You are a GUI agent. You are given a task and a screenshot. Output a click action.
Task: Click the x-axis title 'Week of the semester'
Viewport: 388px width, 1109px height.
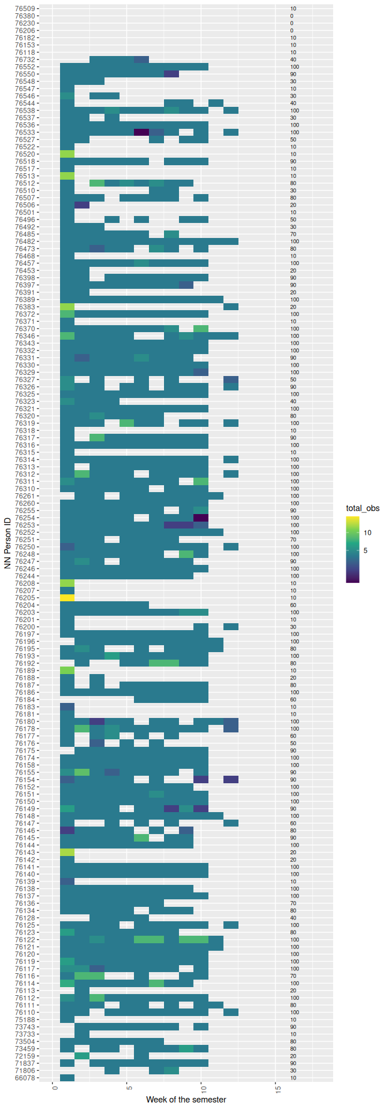(x=186, y=1099)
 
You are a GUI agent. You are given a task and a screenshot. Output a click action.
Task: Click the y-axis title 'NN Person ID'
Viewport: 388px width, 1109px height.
(x=8, y=544)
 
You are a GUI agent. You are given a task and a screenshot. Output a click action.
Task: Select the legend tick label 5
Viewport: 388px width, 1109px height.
(x=365, y=550)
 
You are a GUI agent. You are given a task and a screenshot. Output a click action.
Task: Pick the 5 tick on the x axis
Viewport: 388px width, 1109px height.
(x=128, y=1088)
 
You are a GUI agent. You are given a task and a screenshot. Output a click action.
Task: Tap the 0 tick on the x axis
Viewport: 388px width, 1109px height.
(x=54, y=1088)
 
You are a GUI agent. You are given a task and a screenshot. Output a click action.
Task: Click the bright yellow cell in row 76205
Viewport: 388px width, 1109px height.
(x=68, y=598)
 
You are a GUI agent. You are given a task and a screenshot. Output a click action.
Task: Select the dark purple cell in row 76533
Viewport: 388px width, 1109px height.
(x=141, y=132)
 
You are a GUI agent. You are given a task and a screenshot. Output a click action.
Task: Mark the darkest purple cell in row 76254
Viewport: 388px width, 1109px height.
(x=201, y=518)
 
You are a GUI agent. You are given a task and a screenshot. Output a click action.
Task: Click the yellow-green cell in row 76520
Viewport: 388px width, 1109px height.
(x=68, y=154)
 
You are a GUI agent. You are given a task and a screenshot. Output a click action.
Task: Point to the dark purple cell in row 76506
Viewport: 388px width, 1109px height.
(x=82, y=205)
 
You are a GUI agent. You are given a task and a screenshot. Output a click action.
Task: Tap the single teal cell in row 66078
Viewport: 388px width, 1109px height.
(x=68, y=1078)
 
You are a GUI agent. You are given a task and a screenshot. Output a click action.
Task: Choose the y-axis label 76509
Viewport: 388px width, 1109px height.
(x=25, y=9)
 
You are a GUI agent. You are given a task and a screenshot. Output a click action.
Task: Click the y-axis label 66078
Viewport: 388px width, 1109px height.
(x=25, y=1078)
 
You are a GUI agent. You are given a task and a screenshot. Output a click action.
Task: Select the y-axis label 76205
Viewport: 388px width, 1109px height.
(x=25, y=598)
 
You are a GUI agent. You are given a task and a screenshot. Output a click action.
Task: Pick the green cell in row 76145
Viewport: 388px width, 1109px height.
(x=141, y=838)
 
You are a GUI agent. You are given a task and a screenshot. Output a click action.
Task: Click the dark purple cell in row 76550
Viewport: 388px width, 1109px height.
(x=171, y=74)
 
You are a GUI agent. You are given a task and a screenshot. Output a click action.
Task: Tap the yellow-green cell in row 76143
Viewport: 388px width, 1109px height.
(x=68, y=852)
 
